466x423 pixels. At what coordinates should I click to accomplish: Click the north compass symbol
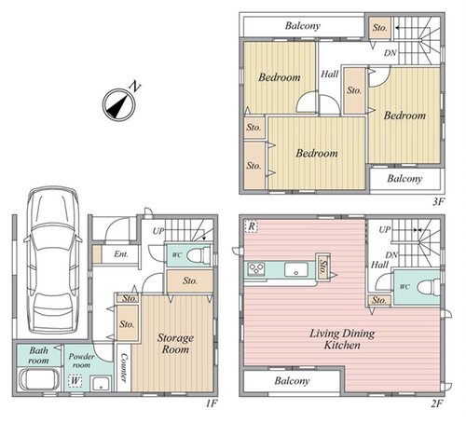pos(119,104)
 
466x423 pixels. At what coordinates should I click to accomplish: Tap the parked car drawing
pos(53,260)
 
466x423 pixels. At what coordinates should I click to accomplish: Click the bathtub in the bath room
pos(38,379)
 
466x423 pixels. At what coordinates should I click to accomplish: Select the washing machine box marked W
pos(75,381)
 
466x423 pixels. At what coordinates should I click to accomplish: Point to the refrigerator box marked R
pos(252,226)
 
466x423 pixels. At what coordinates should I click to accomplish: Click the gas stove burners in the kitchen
pos(256,269)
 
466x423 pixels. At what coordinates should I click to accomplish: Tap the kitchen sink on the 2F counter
pos(296,269)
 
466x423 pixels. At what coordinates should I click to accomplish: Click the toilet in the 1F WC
pos(199,255)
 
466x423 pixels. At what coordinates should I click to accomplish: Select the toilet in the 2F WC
pos(429,287)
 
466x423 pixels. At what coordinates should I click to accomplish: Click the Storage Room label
pos(175,344)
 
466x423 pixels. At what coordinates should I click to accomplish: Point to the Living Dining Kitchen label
pos(342,339)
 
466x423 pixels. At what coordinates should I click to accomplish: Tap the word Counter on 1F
pos(124,367)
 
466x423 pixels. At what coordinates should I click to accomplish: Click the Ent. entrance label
pos(121,254)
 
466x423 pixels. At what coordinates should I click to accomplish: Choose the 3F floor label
pos(438,202)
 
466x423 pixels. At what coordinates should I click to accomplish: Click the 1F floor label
pos(212,403)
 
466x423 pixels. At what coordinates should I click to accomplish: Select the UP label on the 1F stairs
pos(158,231)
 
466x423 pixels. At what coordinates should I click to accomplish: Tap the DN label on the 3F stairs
pos(391,53)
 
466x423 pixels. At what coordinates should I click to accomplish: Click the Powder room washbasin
pos(101,383)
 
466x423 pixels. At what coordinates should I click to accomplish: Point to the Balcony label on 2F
pos(292,381)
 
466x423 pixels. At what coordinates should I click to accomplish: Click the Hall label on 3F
pos(330,74)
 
